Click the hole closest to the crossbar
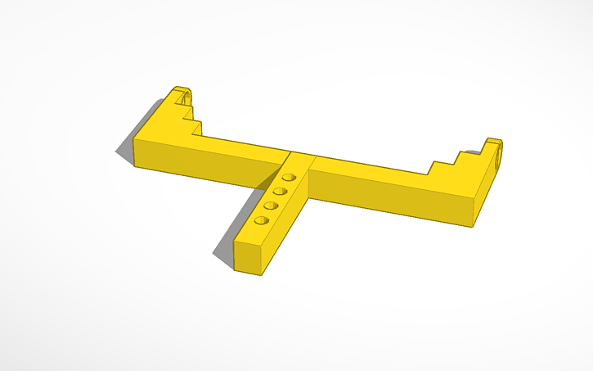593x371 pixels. click(288, 177)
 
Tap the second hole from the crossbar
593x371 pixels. click(280, 191)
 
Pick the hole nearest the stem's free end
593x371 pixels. click(262, 220)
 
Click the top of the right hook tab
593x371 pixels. click(492, 142)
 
